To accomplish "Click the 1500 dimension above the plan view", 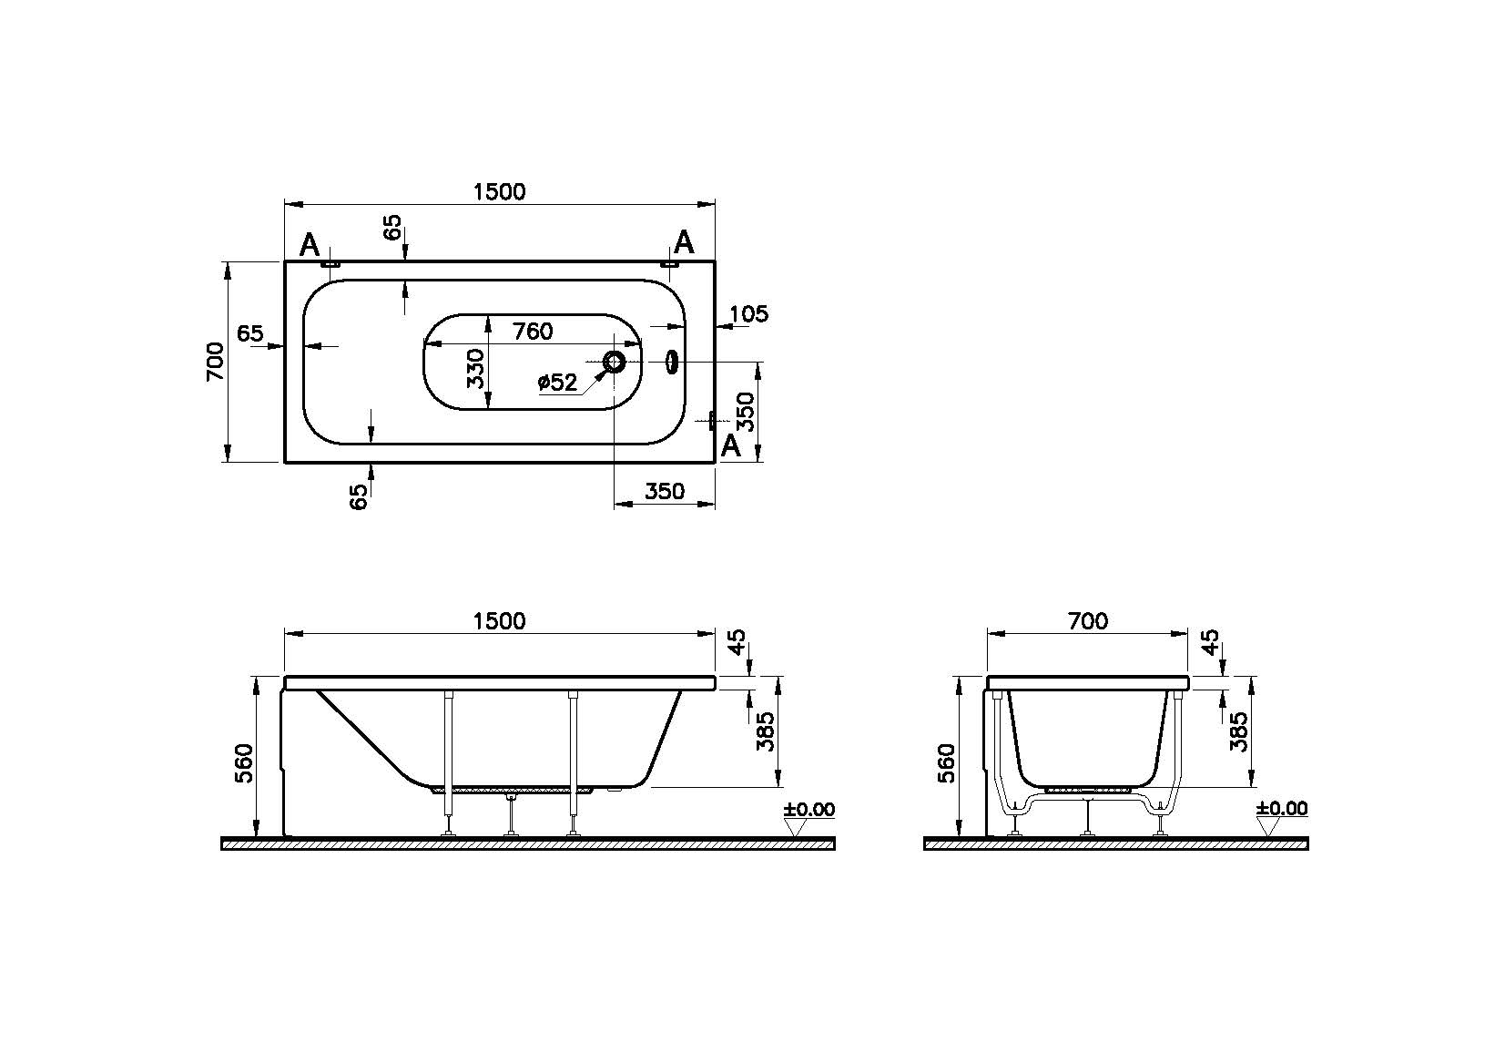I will pos(499,191).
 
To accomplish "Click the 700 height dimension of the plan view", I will pos(215,362).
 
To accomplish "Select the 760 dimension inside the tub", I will pos(532,332).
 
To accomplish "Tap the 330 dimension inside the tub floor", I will pos(475,368).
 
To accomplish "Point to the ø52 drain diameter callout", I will pos(557,383).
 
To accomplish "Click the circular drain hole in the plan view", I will pos(615,363).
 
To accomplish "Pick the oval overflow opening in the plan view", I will pos(672,363).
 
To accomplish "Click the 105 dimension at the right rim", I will pos(749,314).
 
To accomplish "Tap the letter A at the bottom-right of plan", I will pos(730,445).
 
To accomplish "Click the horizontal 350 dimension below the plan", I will pos(664,491).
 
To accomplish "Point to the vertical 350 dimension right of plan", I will pos(746,412).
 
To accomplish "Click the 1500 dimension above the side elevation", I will pos(499,620).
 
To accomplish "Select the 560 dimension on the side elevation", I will pos(245,762).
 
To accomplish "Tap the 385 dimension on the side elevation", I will pos(766,731).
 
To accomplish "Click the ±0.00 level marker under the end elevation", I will pos(1281,809).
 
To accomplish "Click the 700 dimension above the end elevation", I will pos(1087,620).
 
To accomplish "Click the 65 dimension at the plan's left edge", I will pos(250,333).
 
